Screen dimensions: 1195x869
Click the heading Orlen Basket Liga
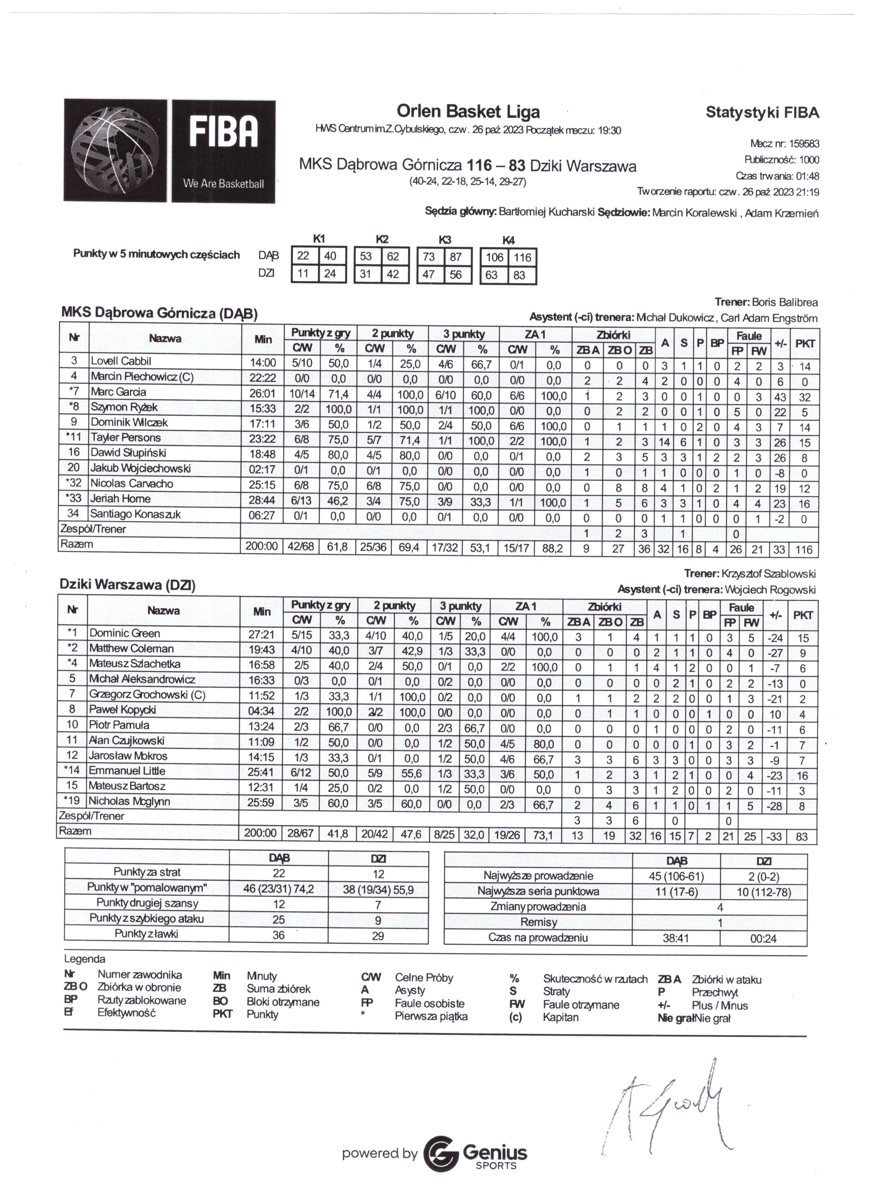pyautogui.click(x=468, y=112)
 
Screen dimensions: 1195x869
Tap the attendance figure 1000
pyautogui.click(x=809, y=160)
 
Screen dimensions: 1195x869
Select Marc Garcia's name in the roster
pyautogui.click(x=118, y=392)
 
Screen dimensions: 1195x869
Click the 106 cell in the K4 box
pyautogui.click(x=494, y=258)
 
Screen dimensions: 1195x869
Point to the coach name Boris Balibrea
pyautogui.click(x=784, y=302)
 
